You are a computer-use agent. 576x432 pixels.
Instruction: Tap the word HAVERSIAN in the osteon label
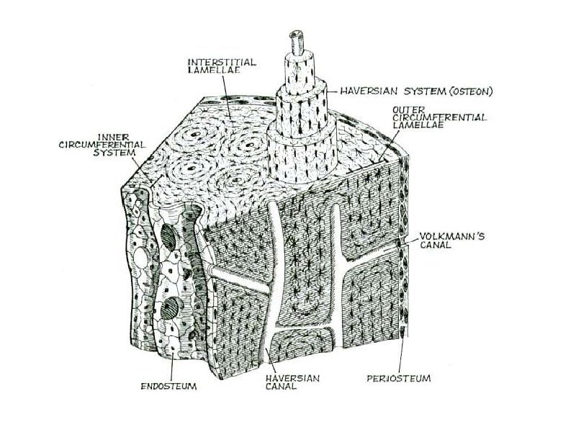365,91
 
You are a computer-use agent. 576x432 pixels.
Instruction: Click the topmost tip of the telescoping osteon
296,34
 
